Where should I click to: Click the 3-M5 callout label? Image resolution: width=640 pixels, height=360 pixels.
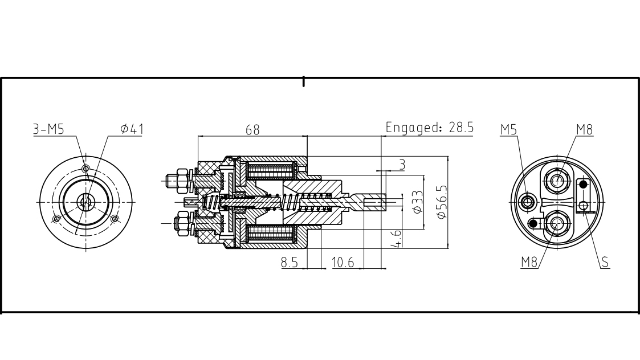tap(48, 129)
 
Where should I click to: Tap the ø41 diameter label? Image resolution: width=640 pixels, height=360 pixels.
tap(132, 129)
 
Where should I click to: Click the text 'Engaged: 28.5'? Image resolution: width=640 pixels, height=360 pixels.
tap(430, 127)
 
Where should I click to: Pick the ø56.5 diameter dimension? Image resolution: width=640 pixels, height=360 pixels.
tap(441, 202)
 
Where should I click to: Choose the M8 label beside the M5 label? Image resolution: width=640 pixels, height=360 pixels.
tap(584, 129)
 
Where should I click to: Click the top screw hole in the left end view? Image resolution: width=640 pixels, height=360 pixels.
tap(85, 169)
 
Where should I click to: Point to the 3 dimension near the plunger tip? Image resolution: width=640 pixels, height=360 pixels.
tap(402, 165)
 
